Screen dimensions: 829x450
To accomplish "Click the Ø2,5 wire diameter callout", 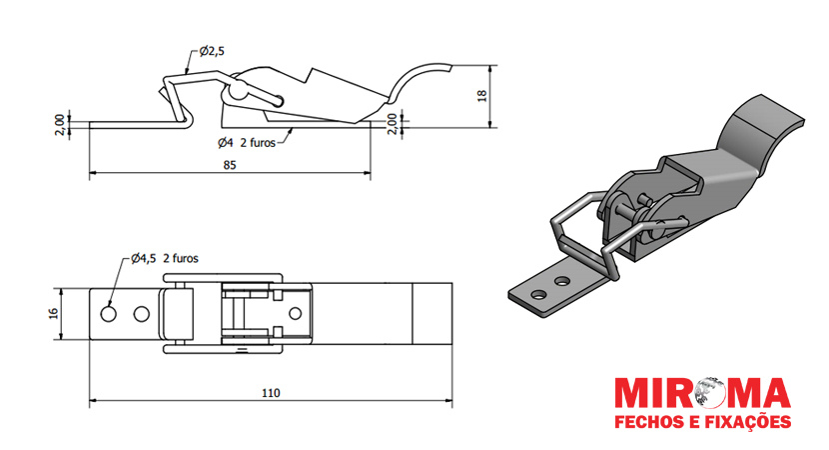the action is (x=212, y=51).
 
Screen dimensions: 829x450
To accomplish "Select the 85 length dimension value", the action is (x=230, y=165).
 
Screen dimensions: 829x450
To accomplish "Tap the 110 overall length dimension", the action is (x=271, y=393).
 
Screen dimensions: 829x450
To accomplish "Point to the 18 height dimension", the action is (x=481, y=96).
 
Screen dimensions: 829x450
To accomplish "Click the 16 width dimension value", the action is (x=53, y=313).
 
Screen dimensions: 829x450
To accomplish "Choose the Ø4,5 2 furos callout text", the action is (x=165, y=258).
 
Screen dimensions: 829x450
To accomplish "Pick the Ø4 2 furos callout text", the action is (x=247, y=142).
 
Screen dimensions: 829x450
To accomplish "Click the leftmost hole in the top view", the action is (x=109, y=314).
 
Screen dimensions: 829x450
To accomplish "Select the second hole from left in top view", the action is (x=142, y=314).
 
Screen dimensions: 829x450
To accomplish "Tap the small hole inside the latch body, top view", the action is (x=295, y=313).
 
